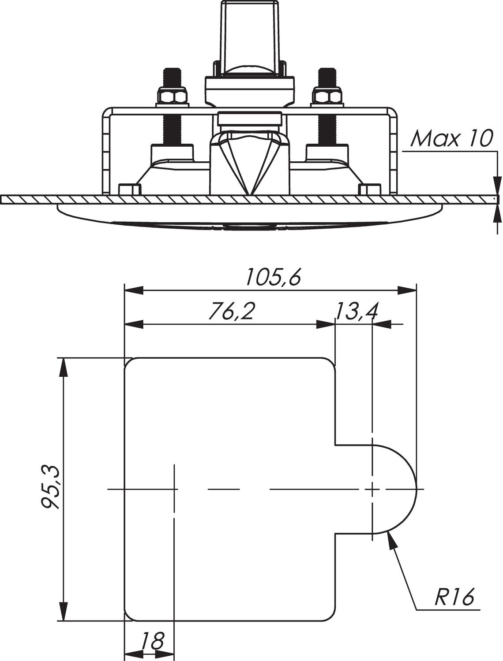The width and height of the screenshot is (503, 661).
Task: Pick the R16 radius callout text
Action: (x=454, y=598)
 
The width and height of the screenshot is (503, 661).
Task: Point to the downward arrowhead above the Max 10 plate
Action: (x=497, y=185)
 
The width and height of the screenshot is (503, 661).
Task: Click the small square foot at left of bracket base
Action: (x=130, y=190)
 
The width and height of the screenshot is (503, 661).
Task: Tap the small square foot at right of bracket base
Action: (x=369, y=190)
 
